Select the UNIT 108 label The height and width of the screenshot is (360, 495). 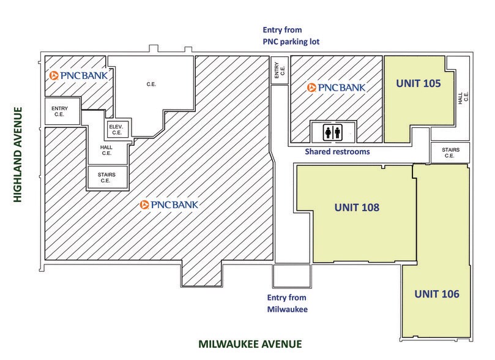357,207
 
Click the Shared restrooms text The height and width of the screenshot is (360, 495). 337,151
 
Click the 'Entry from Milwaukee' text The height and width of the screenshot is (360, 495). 288,303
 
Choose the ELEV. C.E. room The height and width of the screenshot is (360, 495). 116,129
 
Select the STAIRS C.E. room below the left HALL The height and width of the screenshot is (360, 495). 106,178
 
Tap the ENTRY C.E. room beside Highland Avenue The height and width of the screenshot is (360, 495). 62,111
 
